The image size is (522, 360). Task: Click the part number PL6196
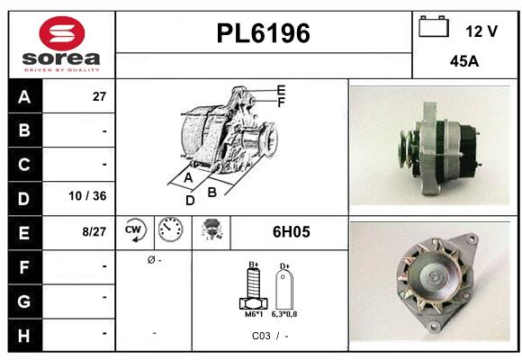click(264, 34)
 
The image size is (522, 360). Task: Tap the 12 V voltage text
click(481, 31)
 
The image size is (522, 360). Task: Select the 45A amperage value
click(463, 63)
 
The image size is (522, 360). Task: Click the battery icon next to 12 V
click(433, 29)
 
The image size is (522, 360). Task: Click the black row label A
click(23, 96)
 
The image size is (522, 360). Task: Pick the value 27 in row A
click(99, 96)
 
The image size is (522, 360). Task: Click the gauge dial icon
click(170, 232)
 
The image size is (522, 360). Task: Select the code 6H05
click(292, 232)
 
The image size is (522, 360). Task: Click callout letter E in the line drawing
click(281, 90)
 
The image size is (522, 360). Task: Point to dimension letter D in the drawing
click(190, 200)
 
